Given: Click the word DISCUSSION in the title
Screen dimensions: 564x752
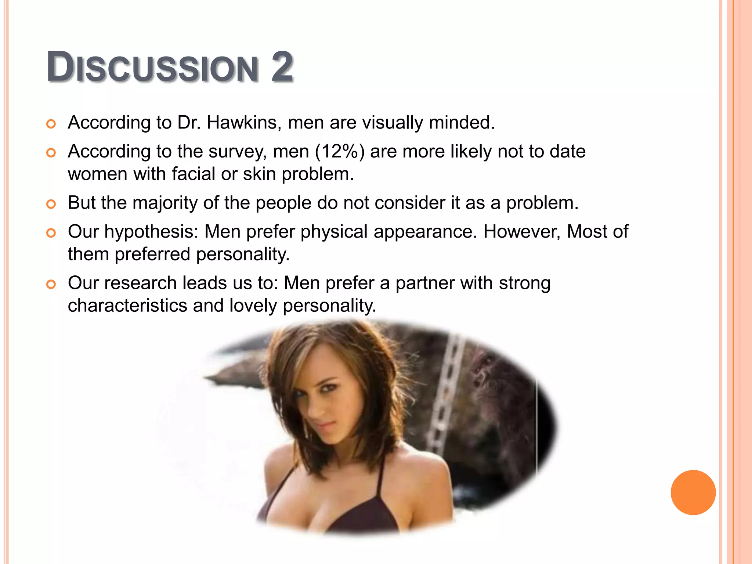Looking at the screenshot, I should (152, 68).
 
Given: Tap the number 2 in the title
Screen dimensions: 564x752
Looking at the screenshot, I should (282, 67).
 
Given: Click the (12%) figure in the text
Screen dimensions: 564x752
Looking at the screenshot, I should (340, 151).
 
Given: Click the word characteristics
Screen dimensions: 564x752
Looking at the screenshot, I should (127, 305).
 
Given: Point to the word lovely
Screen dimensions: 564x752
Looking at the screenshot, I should (253, 306).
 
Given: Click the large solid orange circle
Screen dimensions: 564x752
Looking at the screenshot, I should (693, 492).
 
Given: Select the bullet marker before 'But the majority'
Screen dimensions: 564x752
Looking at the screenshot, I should (51, 204).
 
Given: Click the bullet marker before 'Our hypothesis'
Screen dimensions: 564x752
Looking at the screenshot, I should (51, 233).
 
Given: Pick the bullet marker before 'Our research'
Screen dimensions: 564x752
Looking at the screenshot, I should (51, 284).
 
